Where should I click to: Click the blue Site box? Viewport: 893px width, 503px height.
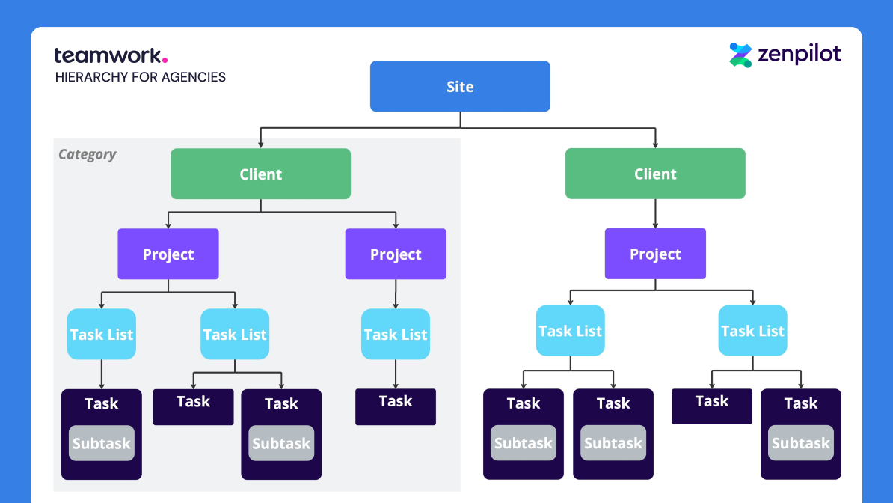tap(460, 86)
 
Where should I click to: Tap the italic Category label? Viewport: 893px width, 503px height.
tap(88, 155)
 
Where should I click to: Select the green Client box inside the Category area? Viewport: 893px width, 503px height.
tap(260, 174)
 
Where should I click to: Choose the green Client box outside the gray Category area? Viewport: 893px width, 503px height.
tap(655, 174)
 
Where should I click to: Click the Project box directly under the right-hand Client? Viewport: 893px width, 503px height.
tap(655, 254)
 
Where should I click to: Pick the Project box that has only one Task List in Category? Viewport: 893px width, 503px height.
tap(396, 254)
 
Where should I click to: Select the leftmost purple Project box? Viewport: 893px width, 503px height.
tap(168, 254)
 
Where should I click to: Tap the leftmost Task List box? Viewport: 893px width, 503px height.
tap(101, 334)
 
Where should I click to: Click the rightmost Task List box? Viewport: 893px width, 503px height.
tap(752, 331)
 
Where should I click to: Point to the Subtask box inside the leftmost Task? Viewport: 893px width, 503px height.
tap(101, 443)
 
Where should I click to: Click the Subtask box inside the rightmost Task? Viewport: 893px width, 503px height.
tap(801, 443)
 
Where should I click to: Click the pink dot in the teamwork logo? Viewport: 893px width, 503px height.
tap(165, 61)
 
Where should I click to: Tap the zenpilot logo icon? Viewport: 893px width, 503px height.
tap(740, 55)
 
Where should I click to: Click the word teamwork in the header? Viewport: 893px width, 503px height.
tap(107, 55)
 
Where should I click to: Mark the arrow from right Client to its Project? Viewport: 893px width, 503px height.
tap(655, 213)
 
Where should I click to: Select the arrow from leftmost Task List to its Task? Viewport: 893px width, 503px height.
tap(101, 374)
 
